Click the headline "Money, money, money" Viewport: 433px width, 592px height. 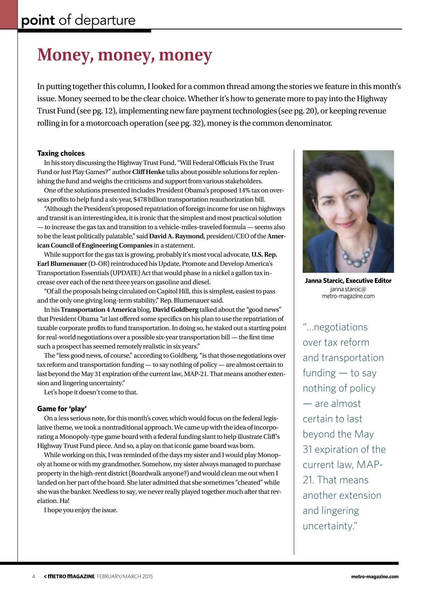(x=124, y=55)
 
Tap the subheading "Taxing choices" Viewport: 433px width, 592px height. (x=61, y=153)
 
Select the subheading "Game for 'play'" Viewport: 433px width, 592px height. (x=62, y=409)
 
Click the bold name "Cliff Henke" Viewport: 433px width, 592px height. (x=148, y=172)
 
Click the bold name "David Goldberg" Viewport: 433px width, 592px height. (x=175, y=310)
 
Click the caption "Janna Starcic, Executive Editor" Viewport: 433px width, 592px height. (x=348, y=281)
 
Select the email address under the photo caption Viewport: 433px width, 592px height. (x=348, y=293)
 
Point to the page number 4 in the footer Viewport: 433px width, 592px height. (x=34, y=576)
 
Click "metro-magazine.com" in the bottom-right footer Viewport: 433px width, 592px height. (x=375, y=576)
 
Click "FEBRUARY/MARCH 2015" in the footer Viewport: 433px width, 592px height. (x=125, y=576)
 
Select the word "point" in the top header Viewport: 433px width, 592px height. (x=38, y=20)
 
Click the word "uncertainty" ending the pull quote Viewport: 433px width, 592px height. (x=328, y=526)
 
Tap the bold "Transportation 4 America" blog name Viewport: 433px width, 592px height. (x=98, y=310)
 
